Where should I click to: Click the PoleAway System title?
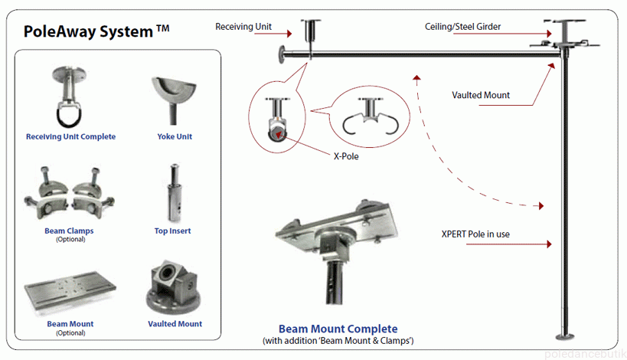(x=96, y=31)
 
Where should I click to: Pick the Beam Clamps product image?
(x=70, y=195)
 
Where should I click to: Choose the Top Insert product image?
(x=175, y=192)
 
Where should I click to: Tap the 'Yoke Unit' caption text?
(x=175, y=137)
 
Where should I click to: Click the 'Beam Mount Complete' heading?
(x=338, y=329)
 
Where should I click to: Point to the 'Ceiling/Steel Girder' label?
(x=462, y=27)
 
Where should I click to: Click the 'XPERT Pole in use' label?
(x=475, y=234)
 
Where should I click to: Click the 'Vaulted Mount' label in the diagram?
(x=481, y=96)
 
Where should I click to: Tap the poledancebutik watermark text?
(x=584, y=353)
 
